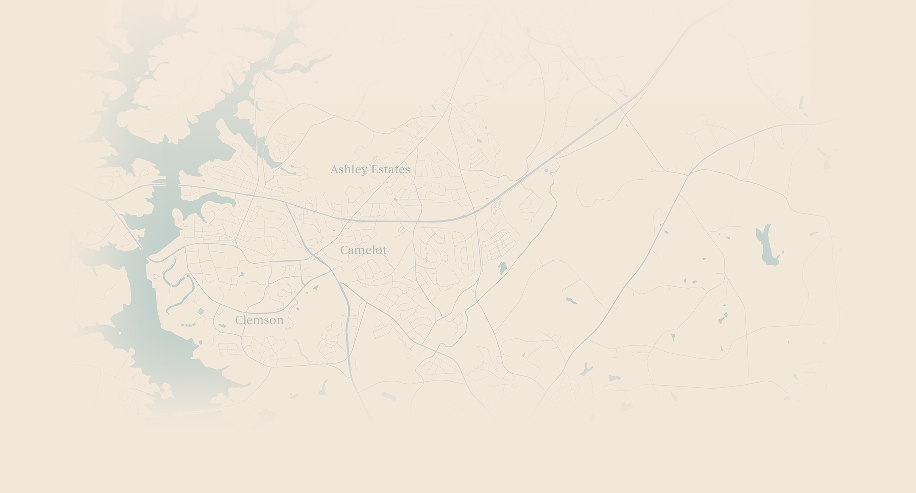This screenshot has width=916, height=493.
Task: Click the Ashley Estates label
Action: [x=370, y=169]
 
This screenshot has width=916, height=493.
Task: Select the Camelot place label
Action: [x=363, y=250]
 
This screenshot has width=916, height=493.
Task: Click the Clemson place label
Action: [x=259, y=320]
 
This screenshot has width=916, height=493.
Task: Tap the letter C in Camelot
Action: [x=344, y=250]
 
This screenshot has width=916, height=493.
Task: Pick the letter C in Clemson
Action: [x=239, y=320]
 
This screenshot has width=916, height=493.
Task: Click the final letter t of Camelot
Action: [x=384, y=250]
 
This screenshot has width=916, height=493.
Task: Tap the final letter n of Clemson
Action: [x=280, y=321]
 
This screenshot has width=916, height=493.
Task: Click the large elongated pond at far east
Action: [x=767, y=245]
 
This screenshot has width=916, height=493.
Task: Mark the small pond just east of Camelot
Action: [x=503, y=268]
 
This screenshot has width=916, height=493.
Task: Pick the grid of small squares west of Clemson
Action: [x=201, y=311]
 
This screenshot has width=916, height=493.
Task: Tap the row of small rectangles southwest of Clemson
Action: [x=187, y=325]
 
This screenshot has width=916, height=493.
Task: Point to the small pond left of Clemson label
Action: [x=222, y=326]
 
